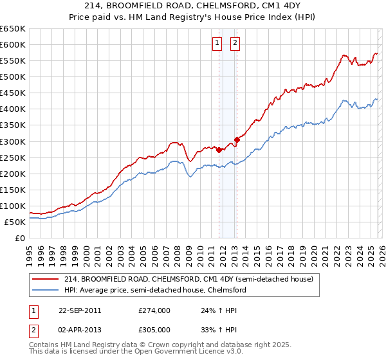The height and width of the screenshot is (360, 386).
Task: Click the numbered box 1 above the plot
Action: point(217,43)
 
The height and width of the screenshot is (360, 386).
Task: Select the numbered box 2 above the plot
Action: point(235,43)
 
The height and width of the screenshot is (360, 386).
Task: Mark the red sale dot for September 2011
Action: point(219,150)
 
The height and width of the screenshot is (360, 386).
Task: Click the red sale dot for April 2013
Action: point(237,139)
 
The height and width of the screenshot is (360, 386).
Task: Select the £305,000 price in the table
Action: point(154,329)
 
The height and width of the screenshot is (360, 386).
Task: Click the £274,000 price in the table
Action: point(154,310)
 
